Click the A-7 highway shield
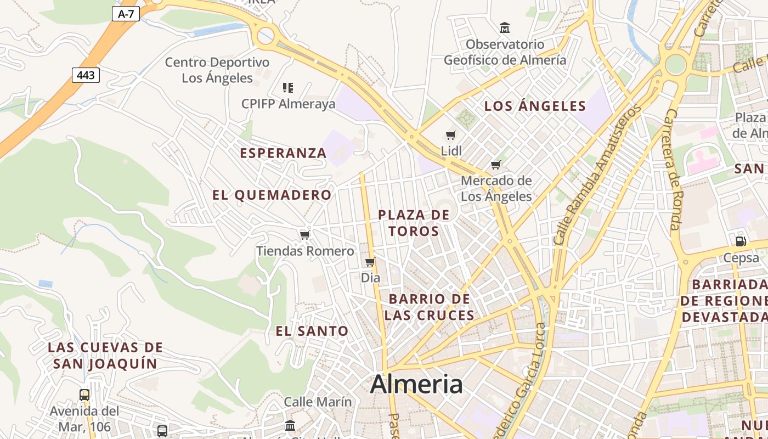tap(126, 14)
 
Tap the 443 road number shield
tap(86, 75)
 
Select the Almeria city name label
tap(416, 385)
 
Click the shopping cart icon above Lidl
tap(451, 135)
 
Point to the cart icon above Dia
tap(370, 262)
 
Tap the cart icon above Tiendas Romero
tap(305, 235)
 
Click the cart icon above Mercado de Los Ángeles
tap(496, 165)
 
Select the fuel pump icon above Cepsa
tap(741, 241)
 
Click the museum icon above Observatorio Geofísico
tap(505, 27)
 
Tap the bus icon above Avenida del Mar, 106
tap(84, 395)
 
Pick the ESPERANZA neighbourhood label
tap(283, 153)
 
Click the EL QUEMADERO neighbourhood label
tap(272, 195)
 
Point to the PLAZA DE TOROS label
tap(414, 223)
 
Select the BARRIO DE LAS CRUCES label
tap(430, 307)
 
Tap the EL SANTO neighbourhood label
tap(312, 331)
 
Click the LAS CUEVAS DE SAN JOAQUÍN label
tap(105, 355)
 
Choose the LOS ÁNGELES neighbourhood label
tap(535, 106)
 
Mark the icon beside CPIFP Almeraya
tap(288, 87)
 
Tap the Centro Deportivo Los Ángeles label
tap(217, 70)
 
